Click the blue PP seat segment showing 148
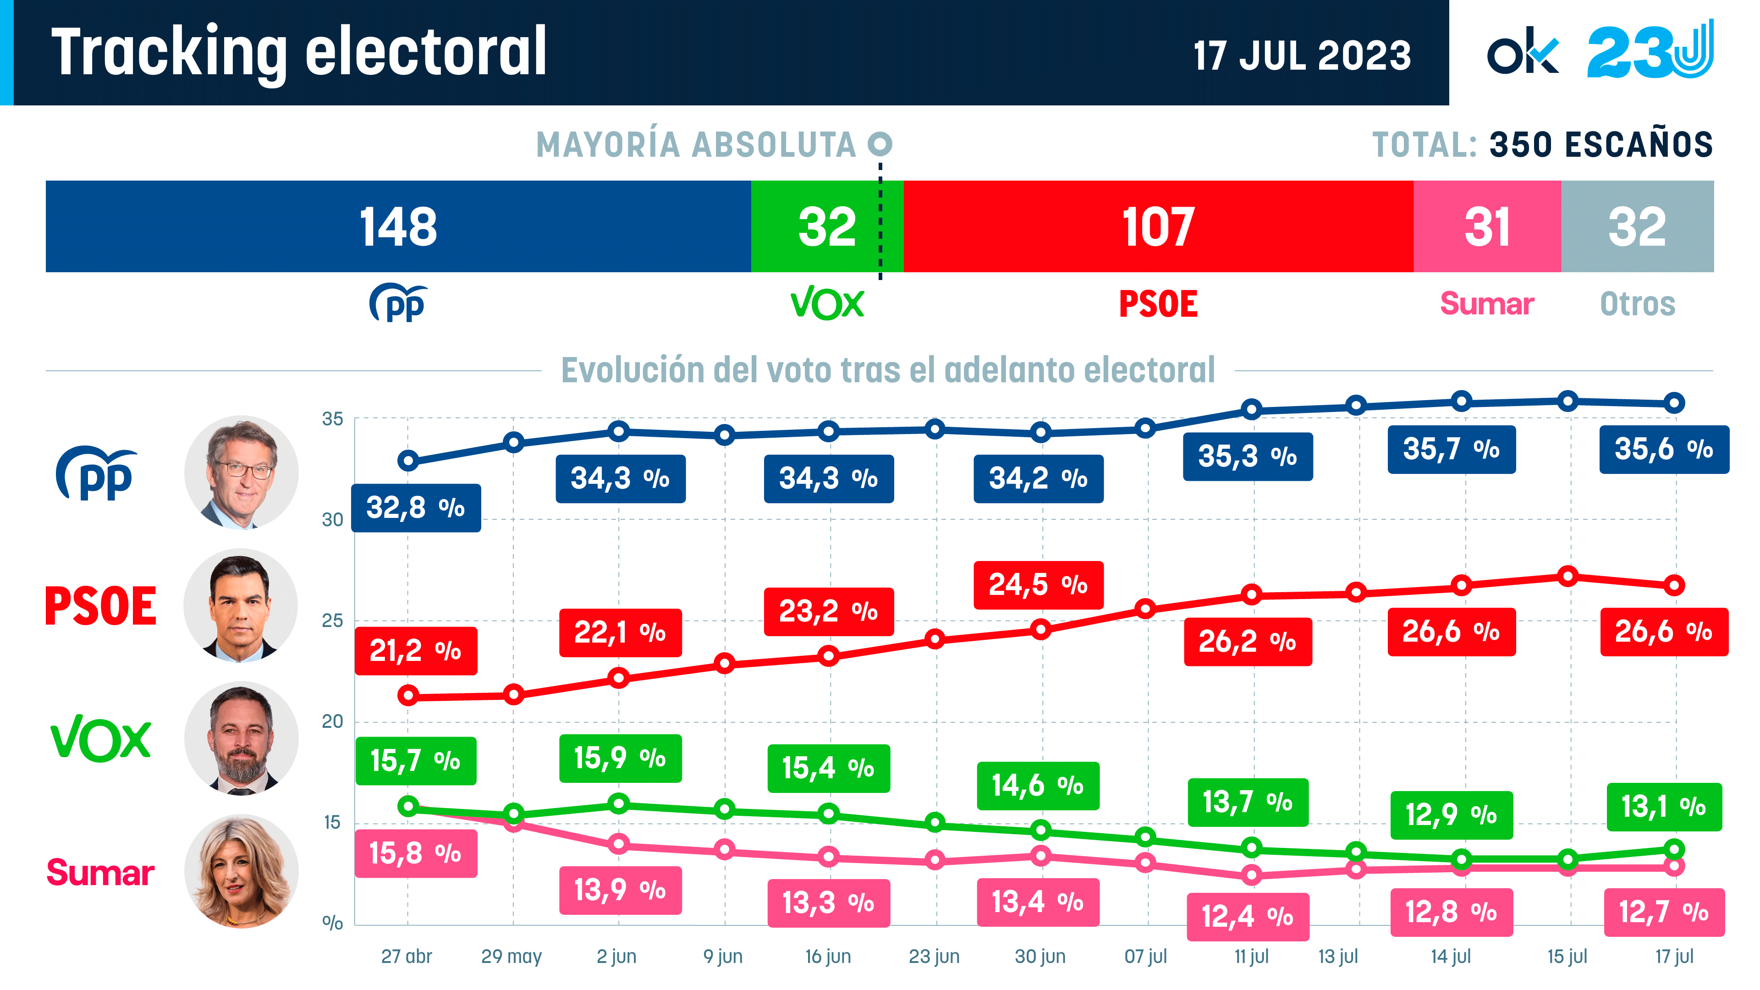point(398,226)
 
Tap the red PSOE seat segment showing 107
point(1158,226)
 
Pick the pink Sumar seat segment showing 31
point(1487,226)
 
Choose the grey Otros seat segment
point(1637,226)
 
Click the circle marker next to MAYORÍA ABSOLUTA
point(880,143)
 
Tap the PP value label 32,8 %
point(415,508)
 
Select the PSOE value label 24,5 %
point(1038,585)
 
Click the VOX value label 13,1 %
point(1664,807)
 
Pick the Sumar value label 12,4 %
point(1247,916)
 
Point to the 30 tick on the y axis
point(333,520)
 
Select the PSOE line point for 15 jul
point(1568,577)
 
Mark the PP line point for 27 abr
point(408,461)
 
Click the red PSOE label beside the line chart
point(100,606)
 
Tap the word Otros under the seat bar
point(1637,304)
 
